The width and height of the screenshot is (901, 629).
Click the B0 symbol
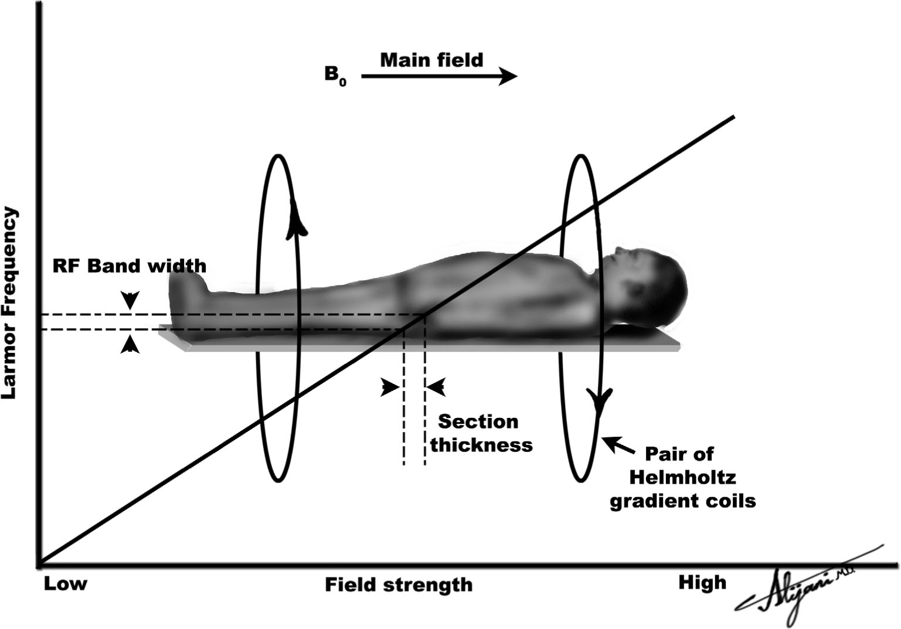(335, 76)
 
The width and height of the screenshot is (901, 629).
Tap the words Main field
(431, 60)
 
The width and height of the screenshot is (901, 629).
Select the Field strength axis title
(399, 584)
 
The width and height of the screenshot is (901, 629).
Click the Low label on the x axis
(65, 584)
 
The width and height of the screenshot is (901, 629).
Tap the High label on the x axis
(702, 583)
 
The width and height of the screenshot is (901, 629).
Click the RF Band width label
(130, 266)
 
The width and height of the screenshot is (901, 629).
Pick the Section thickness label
(481, 433)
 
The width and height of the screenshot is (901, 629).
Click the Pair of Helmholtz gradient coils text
(682, 477)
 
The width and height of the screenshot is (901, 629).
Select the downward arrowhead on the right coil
(600, 404)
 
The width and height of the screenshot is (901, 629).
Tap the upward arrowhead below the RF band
(130, 345)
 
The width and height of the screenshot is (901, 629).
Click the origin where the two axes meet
(39, 566)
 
